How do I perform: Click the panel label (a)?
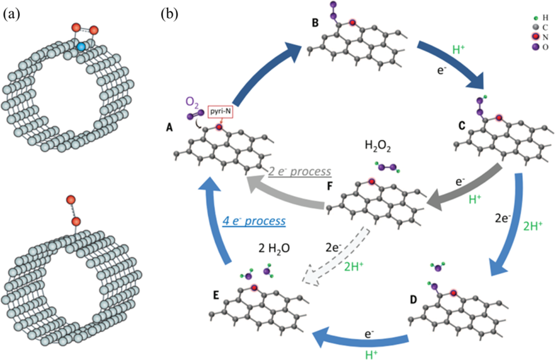point(12,15)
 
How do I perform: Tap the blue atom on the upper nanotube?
point(80,46)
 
